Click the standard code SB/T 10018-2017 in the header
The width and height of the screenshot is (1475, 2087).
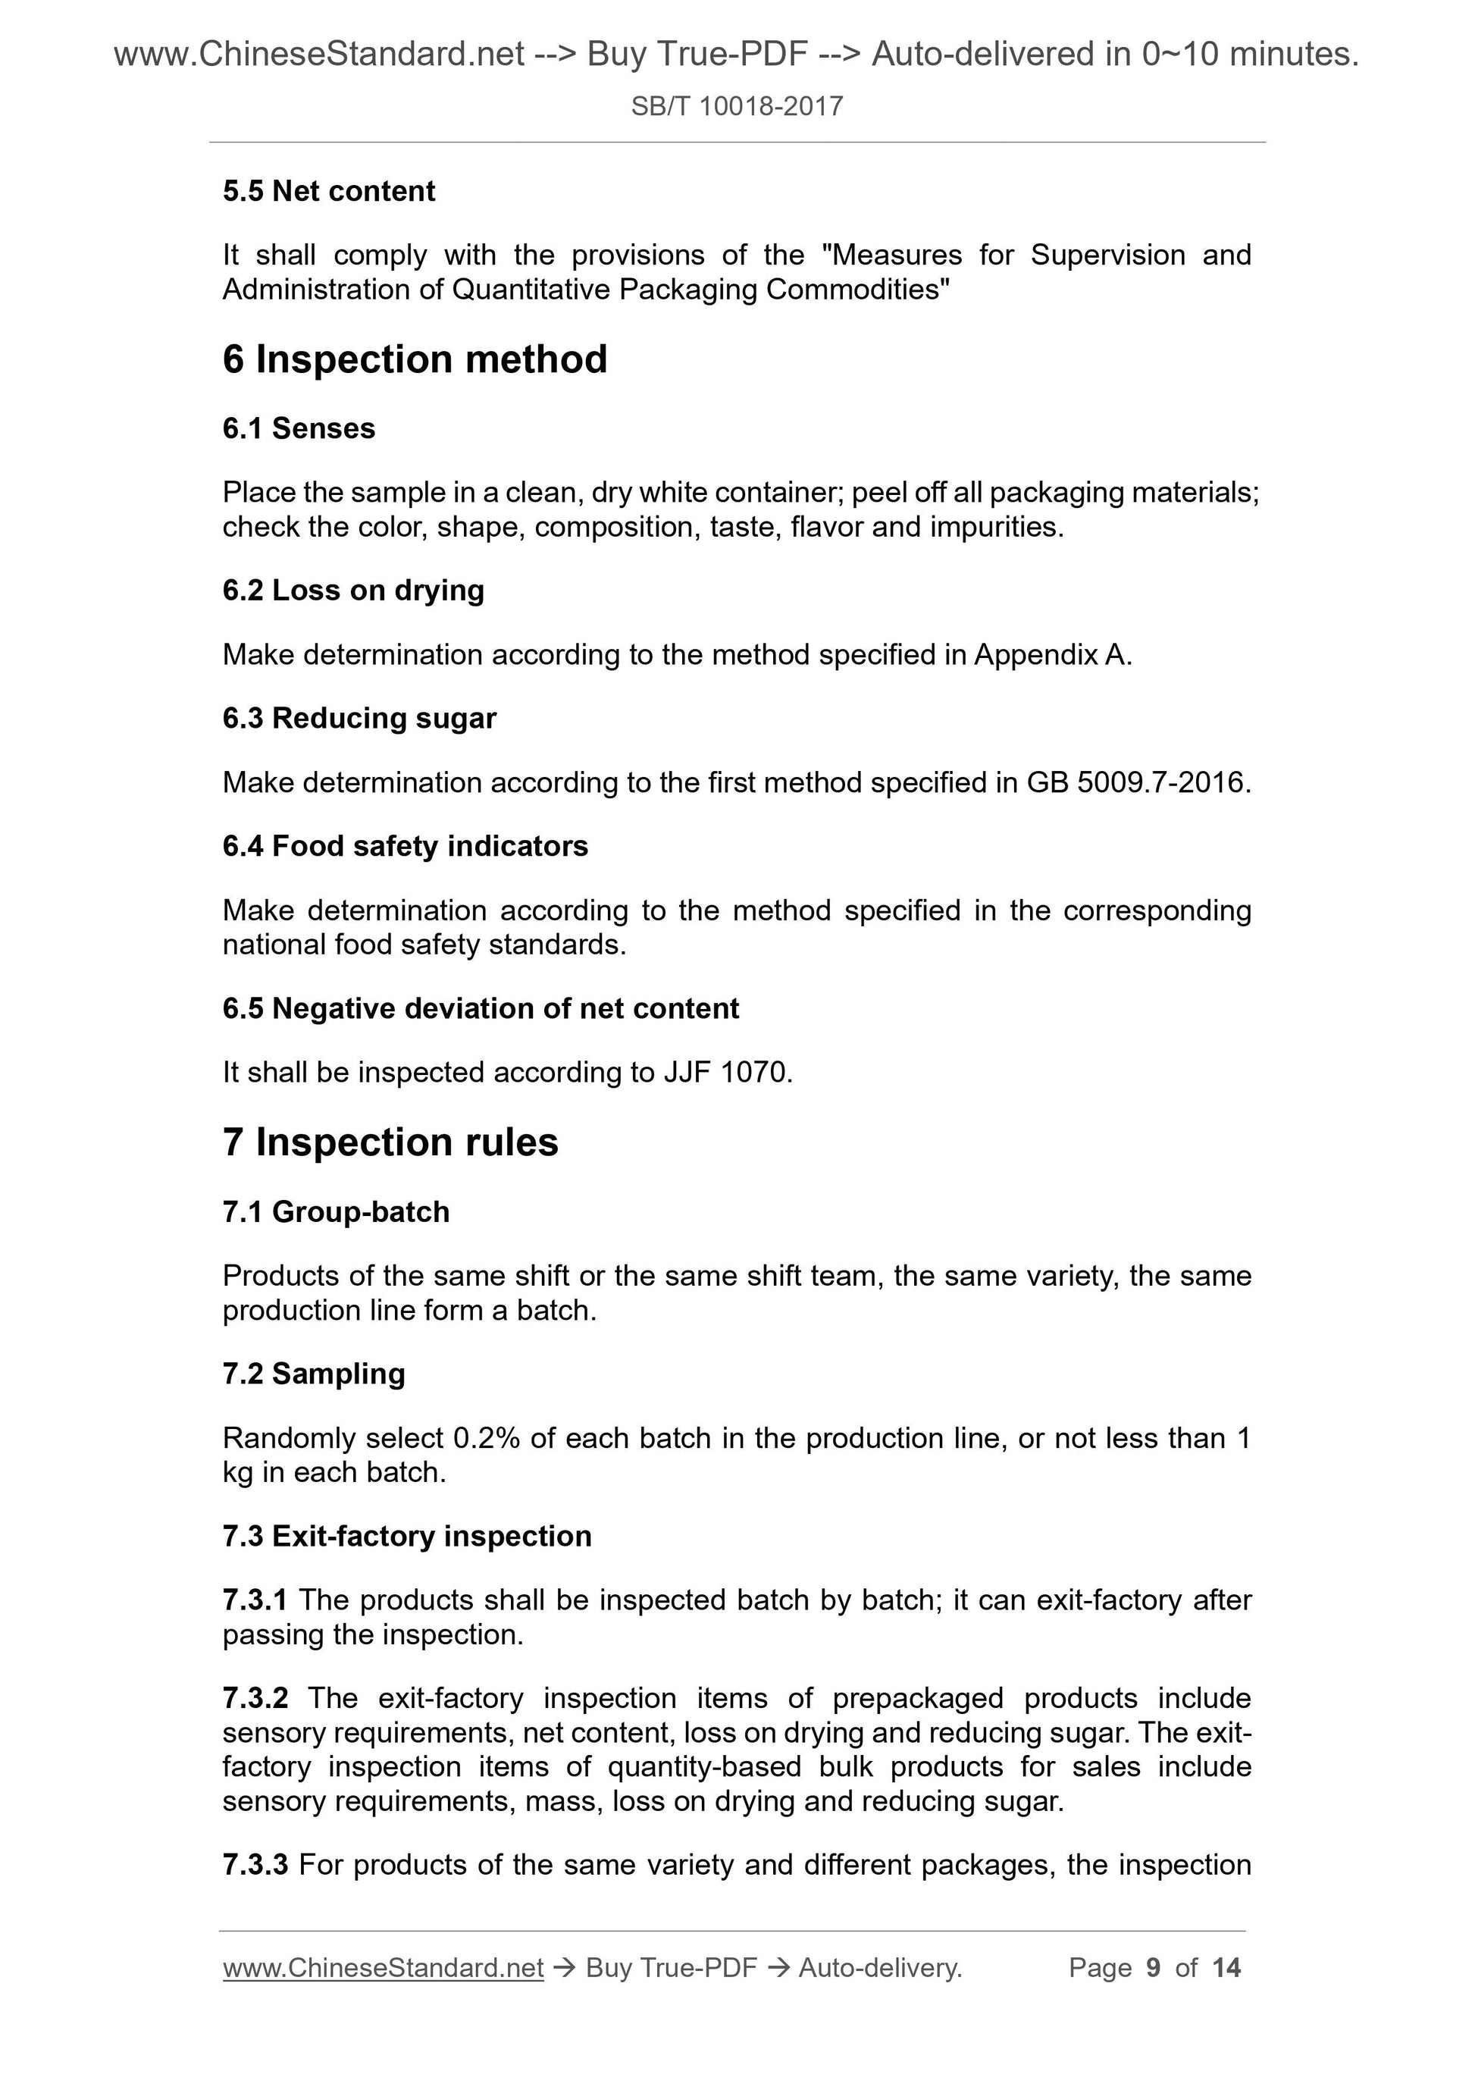[x=737, y=107]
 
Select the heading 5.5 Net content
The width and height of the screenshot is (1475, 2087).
[x=329, y=191]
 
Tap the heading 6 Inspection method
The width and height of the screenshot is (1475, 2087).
[x=415, y=359]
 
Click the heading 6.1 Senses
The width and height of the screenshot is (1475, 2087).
[x=299, y=428]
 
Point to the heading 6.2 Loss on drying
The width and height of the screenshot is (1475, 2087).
[x=353, y=591]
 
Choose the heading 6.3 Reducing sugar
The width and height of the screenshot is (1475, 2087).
[x=360, y=718]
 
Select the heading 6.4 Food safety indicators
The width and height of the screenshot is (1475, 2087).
[x=406, y=846]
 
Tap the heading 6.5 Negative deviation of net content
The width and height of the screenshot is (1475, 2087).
[x=481, y=1008]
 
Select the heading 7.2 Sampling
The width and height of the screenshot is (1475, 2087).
[x=314, y=1374]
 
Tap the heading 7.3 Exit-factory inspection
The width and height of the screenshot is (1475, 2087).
[x=407, y=1536]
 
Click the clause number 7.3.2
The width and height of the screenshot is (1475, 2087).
[x=255, y=1698]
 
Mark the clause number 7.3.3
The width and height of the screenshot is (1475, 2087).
[x=255, y=1865]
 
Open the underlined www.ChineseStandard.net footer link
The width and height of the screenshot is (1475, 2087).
[x=383, y=1968]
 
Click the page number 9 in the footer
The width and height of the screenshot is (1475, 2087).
[x=1154, y=1968]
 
